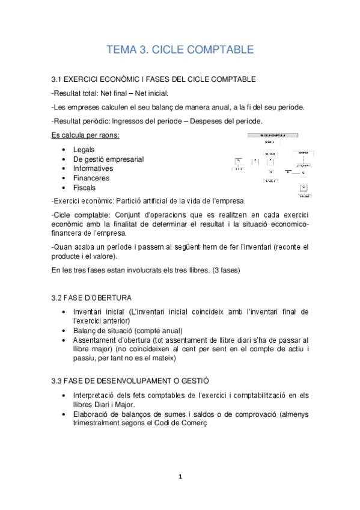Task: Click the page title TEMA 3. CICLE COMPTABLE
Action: (180, 49)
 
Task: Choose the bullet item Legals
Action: (84, 149)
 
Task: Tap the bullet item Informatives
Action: (93, 168)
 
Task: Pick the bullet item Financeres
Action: (92, 178)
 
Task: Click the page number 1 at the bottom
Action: (180, 476)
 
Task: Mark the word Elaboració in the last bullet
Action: (93, 414)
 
